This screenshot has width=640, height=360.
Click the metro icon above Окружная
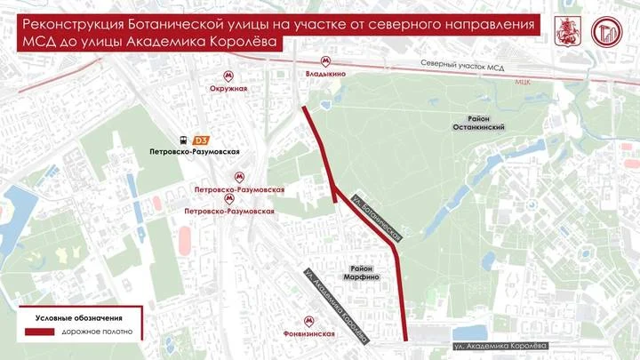coord(229,76)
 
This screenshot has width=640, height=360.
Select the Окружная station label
coord(228,89)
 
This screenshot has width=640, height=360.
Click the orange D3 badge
coord(202,140)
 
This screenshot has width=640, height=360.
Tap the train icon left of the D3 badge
coord(183,140)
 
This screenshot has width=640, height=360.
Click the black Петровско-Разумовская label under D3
coord(195,153)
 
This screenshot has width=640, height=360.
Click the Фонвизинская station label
coord(308,334)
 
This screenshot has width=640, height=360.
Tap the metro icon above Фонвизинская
coord(308,321)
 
